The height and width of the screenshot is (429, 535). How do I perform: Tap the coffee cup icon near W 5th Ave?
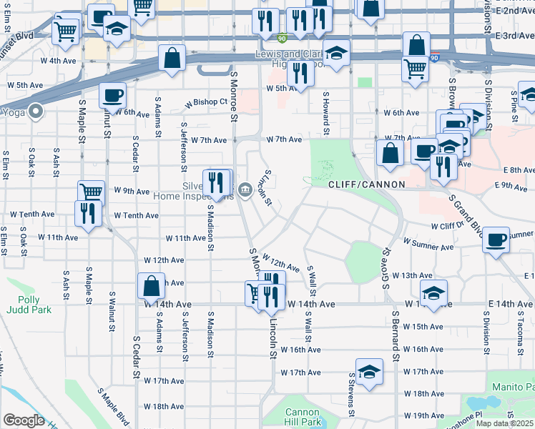pos(111,95)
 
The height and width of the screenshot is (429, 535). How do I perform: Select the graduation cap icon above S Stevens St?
pos(369,372)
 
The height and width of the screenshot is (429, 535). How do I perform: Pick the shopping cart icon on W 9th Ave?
pos(91,192)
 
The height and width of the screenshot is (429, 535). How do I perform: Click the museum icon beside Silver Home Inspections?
pos(245,189)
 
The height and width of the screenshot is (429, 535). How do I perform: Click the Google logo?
pos(24,420)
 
